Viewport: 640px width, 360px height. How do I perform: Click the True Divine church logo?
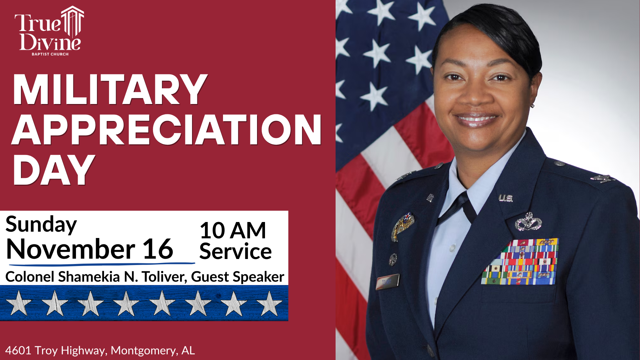coord(49,31)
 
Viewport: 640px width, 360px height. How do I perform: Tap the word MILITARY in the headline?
coord(110,90)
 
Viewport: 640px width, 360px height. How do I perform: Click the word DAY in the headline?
coord(53,170)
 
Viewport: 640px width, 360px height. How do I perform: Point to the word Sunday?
coord(41,225)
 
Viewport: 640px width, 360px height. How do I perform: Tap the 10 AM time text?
coord(233,230)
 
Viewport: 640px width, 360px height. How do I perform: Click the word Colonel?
coord(30,277)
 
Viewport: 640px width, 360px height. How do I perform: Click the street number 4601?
coord(18,350)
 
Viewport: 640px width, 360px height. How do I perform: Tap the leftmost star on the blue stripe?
coord(19,303)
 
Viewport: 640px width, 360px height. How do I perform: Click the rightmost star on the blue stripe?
coord(269,303)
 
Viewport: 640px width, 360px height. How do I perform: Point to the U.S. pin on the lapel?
coord(505,198)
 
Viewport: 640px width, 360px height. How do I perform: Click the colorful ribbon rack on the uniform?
coord(520,262)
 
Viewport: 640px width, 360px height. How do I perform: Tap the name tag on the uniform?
coord(387,282)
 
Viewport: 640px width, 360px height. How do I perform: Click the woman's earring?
coord(532,106)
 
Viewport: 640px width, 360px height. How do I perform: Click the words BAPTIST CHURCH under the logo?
coord(50,54)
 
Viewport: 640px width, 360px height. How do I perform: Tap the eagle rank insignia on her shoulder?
coord(603,179)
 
